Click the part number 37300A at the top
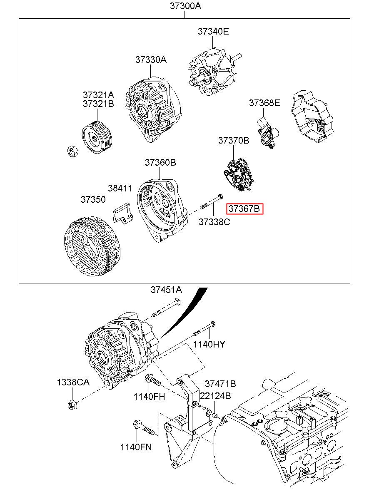[x=185, y=6]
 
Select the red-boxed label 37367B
[x=245, y=209]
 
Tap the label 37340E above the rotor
[x=213, y=32]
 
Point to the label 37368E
[x=264, y=103]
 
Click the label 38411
[x=120, y=188]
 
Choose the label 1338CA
[x=73, y=382]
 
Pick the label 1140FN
[x=136, y=447]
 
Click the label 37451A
[x=166, y=290]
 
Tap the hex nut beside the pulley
[x=72, y=151]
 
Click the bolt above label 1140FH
[x=153, y=380]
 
